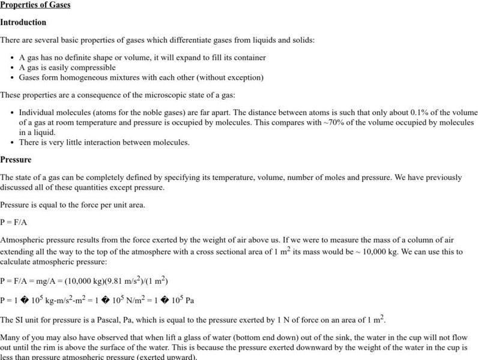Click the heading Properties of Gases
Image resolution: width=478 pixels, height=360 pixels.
tap(35, 5)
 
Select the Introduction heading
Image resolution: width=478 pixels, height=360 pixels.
tap(23, 22)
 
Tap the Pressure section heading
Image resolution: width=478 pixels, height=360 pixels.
tap(16, 160)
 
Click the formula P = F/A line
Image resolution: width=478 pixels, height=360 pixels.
tap(14, 221)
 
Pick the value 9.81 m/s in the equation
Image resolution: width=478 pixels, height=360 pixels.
tap(117, 280)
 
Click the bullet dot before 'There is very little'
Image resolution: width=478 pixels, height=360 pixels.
tap(12, 142)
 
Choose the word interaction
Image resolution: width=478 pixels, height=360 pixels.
tap(101, 142)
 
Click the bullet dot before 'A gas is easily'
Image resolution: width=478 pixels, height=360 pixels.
tap(12, 67)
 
